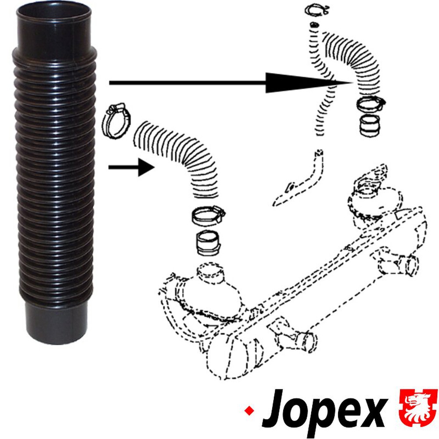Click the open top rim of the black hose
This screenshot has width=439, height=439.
54,13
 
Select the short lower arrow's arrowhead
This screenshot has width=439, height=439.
146,167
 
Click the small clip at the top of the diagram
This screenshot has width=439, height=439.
317,11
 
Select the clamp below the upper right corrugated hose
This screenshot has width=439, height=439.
371,104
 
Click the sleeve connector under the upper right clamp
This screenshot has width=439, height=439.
369,126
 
